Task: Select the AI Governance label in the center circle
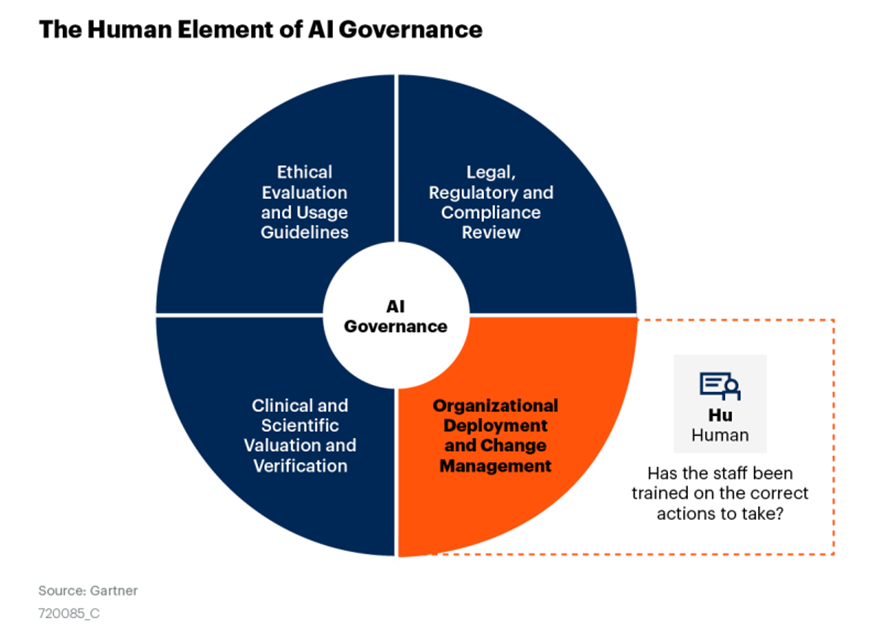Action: click(x=396, y=315)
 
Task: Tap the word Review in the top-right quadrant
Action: click(x=491, y=232)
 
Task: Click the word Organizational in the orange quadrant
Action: click(x=495, y=405)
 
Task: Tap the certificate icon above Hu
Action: click(x=719, y=385)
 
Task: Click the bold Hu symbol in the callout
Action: click(x=719, y=414)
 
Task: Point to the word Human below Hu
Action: click(x=720, y=436)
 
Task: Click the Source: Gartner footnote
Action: click(x=88, y=590)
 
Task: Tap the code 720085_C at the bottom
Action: click(x=69, y=612)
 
